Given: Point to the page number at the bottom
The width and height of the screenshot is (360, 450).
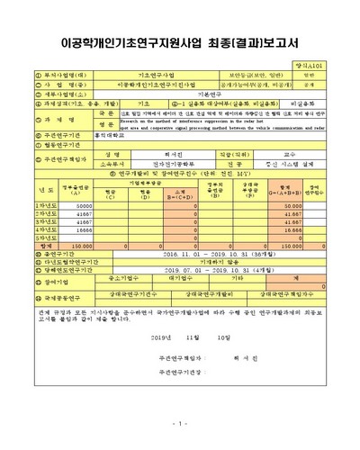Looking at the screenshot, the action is [180, 423].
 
